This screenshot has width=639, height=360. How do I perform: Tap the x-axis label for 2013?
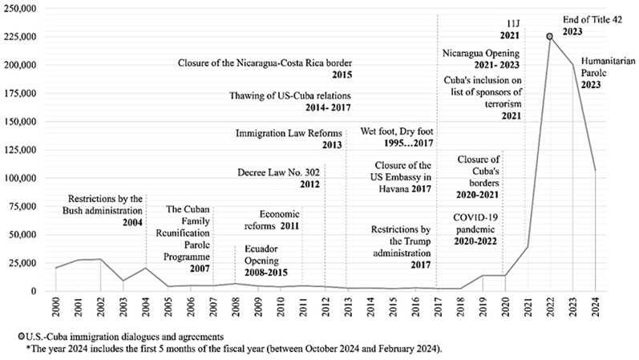347,305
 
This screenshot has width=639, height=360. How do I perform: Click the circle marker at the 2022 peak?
549,36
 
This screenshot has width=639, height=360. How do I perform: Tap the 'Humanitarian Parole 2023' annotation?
602,72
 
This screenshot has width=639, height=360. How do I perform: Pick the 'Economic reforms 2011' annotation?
279,220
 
